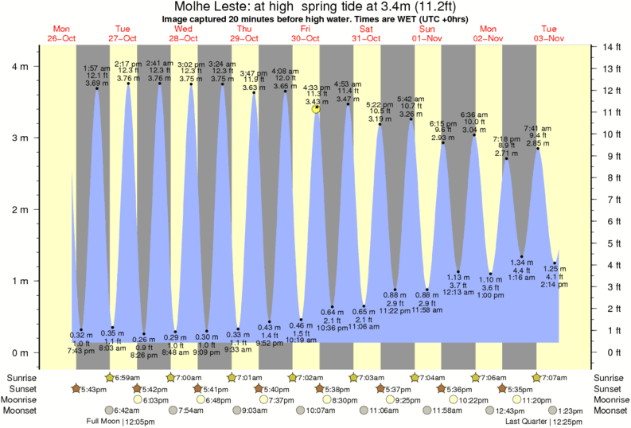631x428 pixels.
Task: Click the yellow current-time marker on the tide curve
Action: click(317, 108)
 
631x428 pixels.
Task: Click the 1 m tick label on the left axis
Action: click(16, 281)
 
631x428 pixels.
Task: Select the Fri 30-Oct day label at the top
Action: click(306, 33)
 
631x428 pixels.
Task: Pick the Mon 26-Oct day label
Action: click(62, 33)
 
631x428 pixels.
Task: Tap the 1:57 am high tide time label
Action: click(97, 68)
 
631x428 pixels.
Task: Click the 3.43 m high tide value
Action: click(317, 102)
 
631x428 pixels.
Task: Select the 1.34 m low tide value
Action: click(521, 262)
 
